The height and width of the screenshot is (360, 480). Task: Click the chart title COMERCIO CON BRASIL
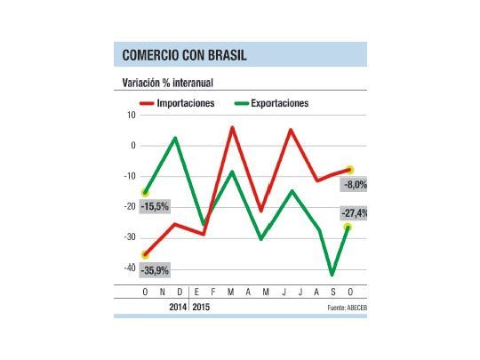pos(185,56)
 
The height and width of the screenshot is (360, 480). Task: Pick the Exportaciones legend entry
pos(274,104)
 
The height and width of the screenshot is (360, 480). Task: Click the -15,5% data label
pos(155,206)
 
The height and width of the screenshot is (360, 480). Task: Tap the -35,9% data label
pos(155,270)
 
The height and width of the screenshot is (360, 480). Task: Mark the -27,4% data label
pos(354,213)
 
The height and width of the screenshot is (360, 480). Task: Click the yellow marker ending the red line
pos(350,169)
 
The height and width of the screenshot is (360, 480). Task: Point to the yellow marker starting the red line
pos(145,255)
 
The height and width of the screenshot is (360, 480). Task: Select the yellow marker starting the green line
pos(145,192)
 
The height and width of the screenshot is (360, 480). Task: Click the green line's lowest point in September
pos(332,275)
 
